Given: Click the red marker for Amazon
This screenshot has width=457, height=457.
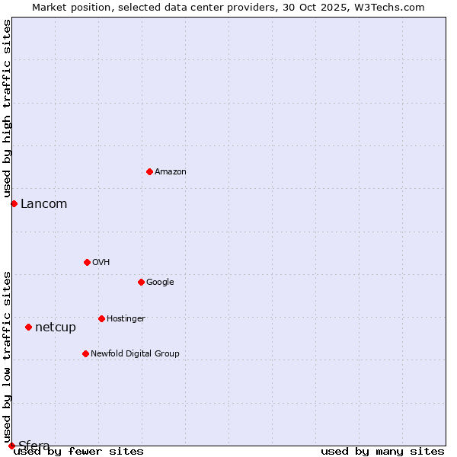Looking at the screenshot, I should [x=149, y=171].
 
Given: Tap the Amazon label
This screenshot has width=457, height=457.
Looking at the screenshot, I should [x=171, y=172].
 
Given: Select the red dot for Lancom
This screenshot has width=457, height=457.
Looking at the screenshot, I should [x=14, y=203].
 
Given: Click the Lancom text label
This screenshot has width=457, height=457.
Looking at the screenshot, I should [x=43, y=204].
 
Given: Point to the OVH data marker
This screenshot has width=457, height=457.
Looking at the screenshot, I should [x=87, y=262].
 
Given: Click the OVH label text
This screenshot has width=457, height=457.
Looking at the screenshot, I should [x=101, y=263].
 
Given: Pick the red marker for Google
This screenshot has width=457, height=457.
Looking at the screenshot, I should [x=141, y=282].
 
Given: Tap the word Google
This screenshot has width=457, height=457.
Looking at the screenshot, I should [x=160, y=283].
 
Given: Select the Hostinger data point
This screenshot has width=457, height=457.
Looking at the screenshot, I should [x=101, y=318].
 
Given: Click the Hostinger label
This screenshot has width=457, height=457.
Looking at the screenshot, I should [x=126, y=319].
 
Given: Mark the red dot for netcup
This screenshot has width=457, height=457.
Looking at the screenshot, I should [x=28, y=327].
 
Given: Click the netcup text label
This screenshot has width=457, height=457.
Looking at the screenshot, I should [x=56, y=328].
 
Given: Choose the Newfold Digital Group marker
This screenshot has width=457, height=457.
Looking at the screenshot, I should [x=85, y=353].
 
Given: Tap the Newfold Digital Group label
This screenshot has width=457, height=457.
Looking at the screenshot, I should [x=135, y=354].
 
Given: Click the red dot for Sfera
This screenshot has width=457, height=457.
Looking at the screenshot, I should [x=11, y=446].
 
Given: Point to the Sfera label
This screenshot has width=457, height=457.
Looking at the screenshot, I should [x=34, y=446].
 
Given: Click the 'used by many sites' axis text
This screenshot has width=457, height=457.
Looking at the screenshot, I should [x=382, y=452].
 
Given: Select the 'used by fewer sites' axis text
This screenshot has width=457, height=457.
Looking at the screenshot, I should [x=78, y=452].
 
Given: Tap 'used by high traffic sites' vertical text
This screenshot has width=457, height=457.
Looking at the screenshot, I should [x=7, y=109].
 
